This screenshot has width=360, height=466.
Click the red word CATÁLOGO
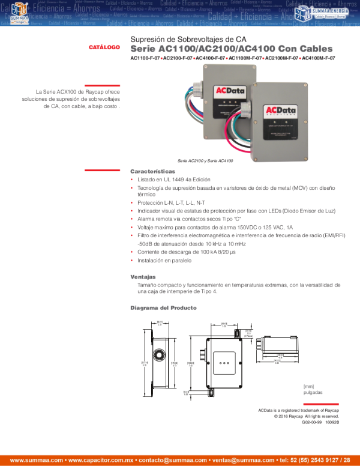pyautogui.click(x=104, y=47)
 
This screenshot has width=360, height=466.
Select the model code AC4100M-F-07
pyautogui.click(x=318, y=58)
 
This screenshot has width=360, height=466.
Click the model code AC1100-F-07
pyautogui.click(x=145, y=58)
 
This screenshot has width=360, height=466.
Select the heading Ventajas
pyautogui.click(x=143, y=277)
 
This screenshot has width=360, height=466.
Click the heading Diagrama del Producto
pyautogui.click(x=163, y=308)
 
